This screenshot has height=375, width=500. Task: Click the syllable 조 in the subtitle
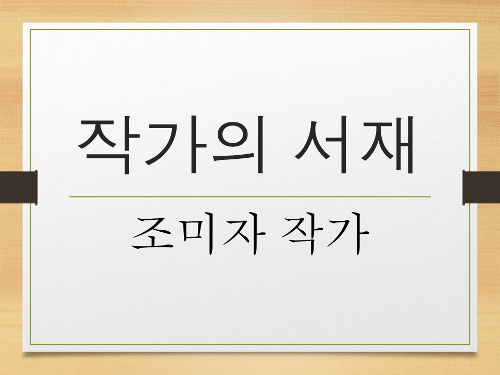click(152, 236)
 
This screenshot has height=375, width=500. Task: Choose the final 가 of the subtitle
click(346, 236)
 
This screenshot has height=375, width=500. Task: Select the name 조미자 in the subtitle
click(195, 236)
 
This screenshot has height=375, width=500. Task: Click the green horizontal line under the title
click(250, 197)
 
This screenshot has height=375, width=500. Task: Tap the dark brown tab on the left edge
click(19, 187)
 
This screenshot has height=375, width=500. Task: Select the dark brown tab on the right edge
click(481, 187)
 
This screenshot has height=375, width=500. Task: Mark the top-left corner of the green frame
click(30, 30)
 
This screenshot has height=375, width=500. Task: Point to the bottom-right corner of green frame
click(470, 344)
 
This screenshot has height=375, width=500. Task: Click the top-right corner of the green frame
click(470, 30)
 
